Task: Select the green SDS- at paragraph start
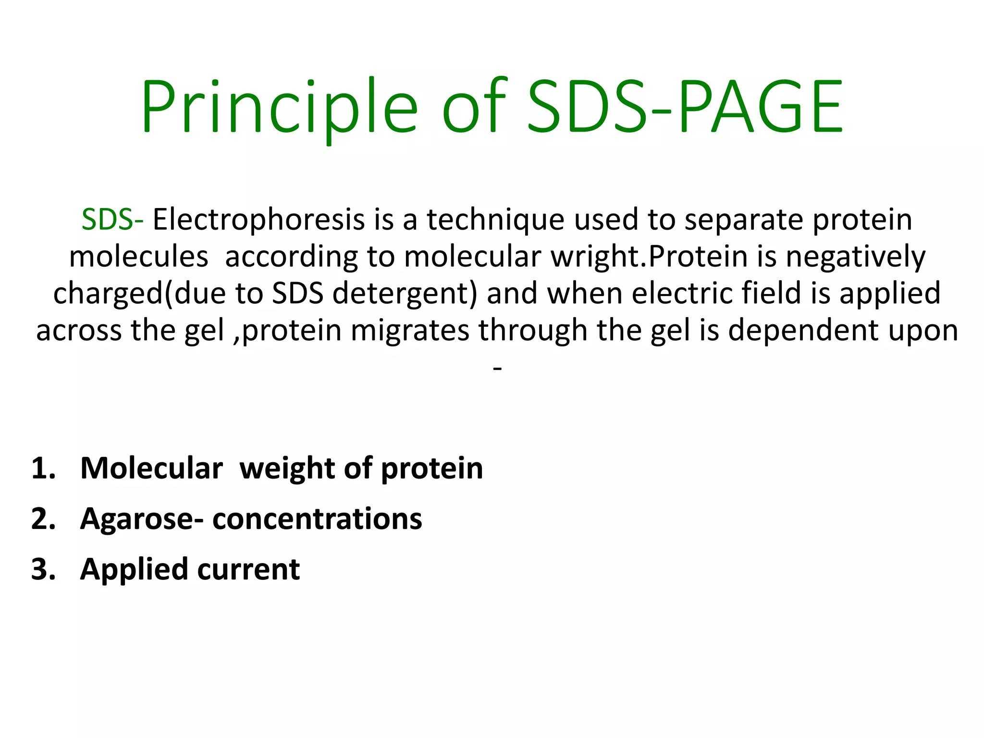click(112, 220)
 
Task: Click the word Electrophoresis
click(258, 220)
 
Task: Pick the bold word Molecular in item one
click(151, 468)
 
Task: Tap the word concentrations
click(317, 519)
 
